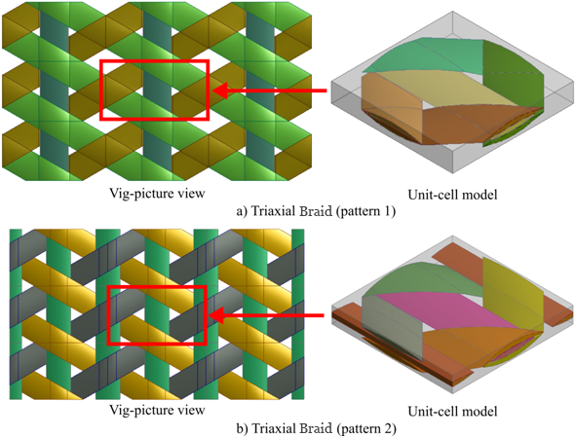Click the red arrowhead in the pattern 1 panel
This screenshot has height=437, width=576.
coord(219,91)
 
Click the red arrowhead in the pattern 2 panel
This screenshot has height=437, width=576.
coord(216,315)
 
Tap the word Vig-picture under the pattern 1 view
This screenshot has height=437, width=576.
coord(141,193)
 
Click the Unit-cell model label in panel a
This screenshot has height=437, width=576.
coord(452,194)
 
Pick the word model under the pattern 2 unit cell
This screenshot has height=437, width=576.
coord(479,411)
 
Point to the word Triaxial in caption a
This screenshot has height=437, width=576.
coord(270,211)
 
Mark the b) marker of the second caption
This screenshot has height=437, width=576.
coord(243,428)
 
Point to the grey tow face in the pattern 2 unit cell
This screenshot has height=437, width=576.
coord(391,328)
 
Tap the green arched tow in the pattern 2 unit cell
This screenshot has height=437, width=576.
coord(422,279)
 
